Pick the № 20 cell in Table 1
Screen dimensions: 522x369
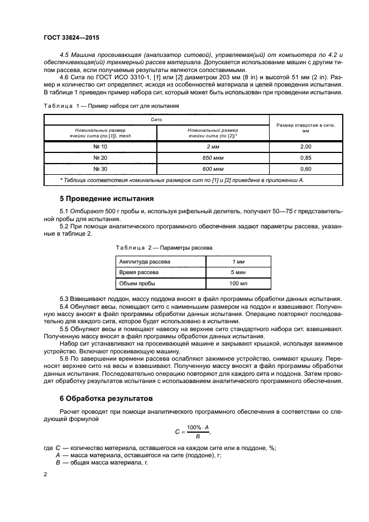click(100, 157)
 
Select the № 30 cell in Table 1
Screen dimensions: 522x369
click(100, 169)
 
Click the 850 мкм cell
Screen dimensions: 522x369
click(213, 157)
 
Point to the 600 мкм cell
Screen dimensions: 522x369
click(213, 169)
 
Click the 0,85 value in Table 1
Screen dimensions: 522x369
click(305, 157)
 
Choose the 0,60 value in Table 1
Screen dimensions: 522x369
click(305, 169)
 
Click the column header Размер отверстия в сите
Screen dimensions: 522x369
click(305, 128)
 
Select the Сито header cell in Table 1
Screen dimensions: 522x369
click(156, 119)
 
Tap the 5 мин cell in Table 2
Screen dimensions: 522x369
click(238, 272)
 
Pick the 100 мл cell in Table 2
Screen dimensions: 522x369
click(238, 284)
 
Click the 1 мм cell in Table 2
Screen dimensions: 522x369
click(238, 261)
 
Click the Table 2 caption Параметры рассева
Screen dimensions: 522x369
click(164, 247)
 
